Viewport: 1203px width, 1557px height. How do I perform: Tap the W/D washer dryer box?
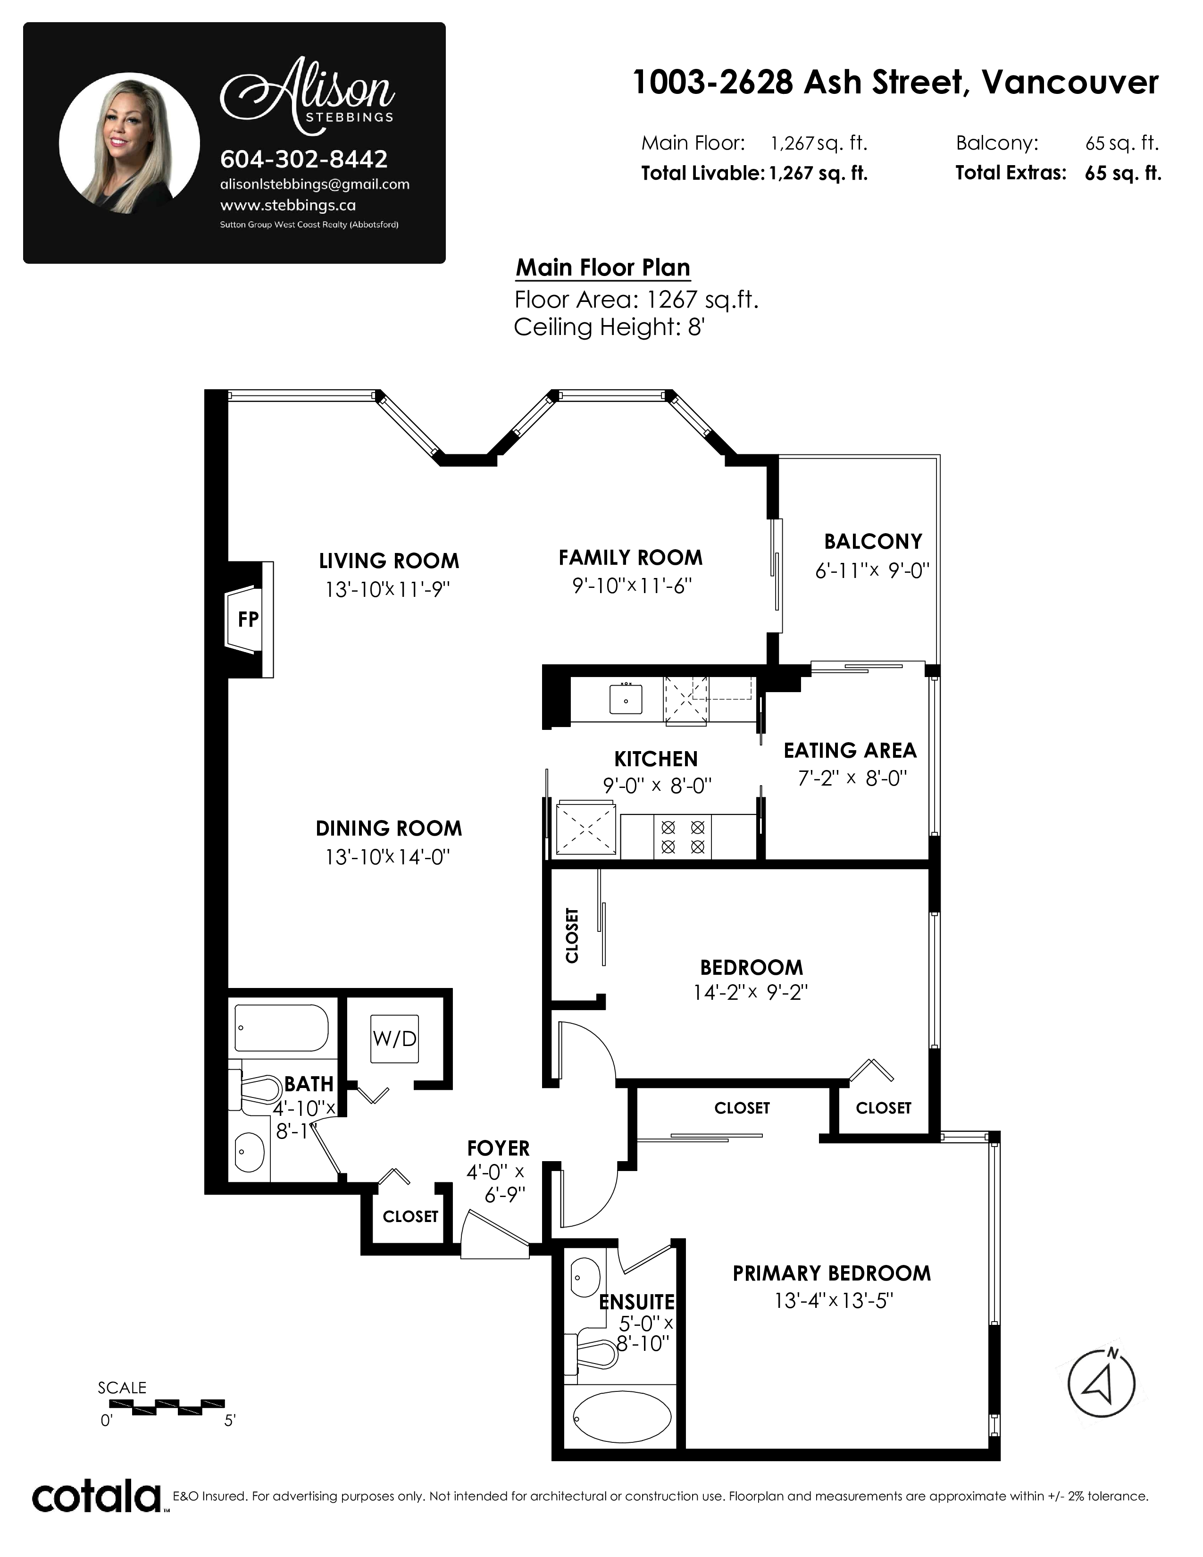click(394, 1039)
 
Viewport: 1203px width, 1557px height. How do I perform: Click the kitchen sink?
click(626, 699)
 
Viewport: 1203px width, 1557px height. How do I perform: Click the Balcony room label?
click(873, 542)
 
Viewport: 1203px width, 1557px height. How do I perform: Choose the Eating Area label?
click(850, 750)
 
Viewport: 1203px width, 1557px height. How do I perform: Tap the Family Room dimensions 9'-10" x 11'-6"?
click(632, 586)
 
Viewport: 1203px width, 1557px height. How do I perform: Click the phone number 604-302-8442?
click(304, 158)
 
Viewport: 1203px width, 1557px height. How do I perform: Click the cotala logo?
click(97, 1497)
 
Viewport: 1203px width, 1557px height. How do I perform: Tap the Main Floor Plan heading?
click(603, 268)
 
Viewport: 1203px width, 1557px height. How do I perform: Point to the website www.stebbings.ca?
click(288, 205)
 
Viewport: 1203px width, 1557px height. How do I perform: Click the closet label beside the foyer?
click(410, 1216)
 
